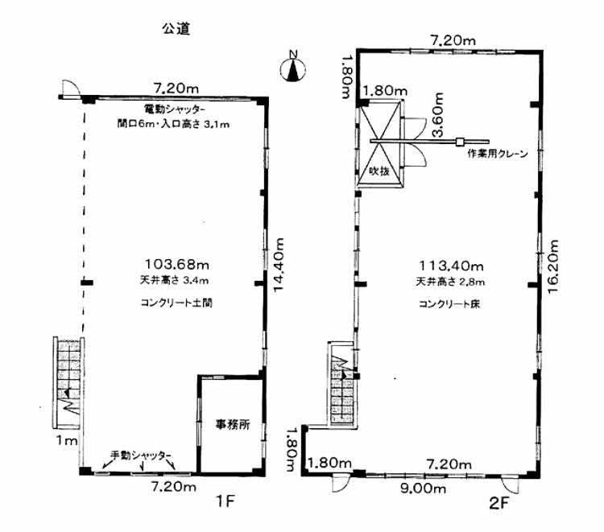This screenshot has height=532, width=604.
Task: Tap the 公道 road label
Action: (x=176, y=28)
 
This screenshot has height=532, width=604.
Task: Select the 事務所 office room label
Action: (x=233, y=424)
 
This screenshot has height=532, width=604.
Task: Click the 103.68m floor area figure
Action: (x=177, y=265)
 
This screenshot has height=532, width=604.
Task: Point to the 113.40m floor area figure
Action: (x=451, y=266)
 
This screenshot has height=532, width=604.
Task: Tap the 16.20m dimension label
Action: (x=552, y=266)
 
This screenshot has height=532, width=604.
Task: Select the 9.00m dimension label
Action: (x=423, y=489)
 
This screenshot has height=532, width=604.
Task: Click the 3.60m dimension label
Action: (x=437, y=114)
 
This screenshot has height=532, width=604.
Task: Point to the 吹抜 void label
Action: (x=379, y=171)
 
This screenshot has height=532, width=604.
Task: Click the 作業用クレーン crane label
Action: (x=498, y=154)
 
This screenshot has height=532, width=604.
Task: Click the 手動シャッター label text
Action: (x=141, y=455)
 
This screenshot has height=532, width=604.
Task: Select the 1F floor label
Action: (x=225, y=501)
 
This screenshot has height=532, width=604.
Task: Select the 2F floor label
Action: (x=499, y=503)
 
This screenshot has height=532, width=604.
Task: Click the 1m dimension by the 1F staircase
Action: (x=67, y=440)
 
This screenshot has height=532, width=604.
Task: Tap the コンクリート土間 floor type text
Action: (x=176, y=303)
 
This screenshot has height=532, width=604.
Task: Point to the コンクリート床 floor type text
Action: (x=449, y=304)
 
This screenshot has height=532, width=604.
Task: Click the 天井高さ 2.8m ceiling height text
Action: (x=450, y=282)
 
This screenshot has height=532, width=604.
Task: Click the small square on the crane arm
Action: (x=460, y=142)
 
